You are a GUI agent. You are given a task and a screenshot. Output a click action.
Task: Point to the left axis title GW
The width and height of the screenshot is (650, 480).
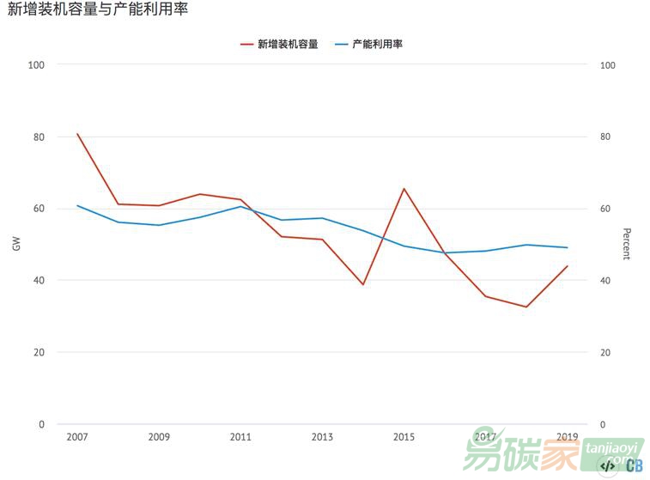pyautogui.click(x=16, y=244)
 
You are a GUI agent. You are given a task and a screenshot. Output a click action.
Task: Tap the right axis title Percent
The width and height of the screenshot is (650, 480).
pyautogui.click(x=627, y=244)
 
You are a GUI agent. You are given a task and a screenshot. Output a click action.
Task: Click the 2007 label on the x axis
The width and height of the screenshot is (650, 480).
pyautogui.click(x=77, y=437)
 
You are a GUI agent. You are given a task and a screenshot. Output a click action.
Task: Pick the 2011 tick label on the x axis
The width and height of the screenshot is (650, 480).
pyautogui.click(x=240, y=437)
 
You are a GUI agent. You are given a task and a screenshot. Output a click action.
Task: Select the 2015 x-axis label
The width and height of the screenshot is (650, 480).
pyautogui.click(x=404, y=437)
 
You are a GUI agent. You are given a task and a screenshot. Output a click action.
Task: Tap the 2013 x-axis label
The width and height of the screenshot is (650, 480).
pyautogui.click(x=322, y=437)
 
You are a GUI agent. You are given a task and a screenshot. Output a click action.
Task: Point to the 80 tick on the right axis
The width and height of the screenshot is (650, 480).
pyautogui.click(x=605, y=137)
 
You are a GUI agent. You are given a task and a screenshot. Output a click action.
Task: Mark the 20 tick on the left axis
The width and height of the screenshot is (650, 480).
pyautogui.click(x=39, y=352)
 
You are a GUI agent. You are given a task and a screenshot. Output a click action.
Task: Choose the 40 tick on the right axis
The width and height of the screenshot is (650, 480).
pyautogui.click(x=605, y=281)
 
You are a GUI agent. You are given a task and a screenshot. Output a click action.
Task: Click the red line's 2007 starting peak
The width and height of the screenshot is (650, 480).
pyautogui.click(x=77, y=134)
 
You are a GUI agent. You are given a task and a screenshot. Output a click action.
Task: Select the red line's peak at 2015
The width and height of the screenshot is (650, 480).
pyautogui.click(x=404, y=188)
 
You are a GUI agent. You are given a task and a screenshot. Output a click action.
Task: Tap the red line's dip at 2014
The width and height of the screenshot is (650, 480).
pyautogui.click(x=363, y=284)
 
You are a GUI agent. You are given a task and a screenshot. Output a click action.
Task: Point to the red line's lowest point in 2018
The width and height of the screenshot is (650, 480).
pyautogui.click(x=526, y=307)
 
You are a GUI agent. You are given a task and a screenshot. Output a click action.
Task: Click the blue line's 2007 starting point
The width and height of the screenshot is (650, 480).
pyautogui.click(x=77, y=205)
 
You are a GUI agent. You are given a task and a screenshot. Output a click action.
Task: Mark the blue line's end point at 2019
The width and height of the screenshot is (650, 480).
pyautogui.click(x=568, y=247)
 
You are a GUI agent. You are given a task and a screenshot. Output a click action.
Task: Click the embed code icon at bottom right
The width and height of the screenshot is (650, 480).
pyautogui.click(x=607, y=465)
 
